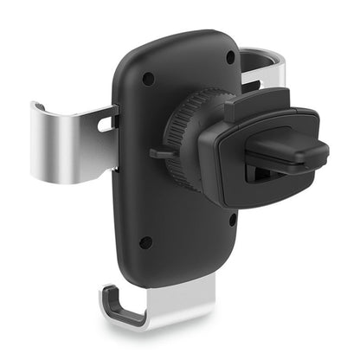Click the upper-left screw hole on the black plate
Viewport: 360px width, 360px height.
148,78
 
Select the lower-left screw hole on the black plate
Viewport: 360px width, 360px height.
146,242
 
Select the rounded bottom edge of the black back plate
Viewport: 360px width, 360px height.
173,281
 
